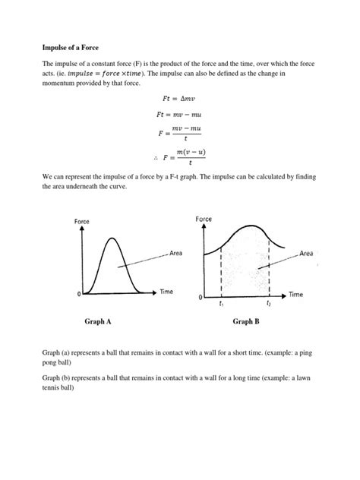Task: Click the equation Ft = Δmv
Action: pos(179,99)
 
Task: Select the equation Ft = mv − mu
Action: pos(179,115)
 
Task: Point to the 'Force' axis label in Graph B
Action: pos(204,219)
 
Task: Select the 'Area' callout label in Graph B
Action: pos(308,253)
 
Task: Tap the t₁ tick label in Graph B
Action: pos(221,304)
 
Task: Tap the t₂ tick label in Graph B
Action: pos(269,304)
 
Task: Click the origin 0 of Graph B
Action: pos(200,297)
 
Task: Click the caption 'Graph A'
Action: pos(98,322)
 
